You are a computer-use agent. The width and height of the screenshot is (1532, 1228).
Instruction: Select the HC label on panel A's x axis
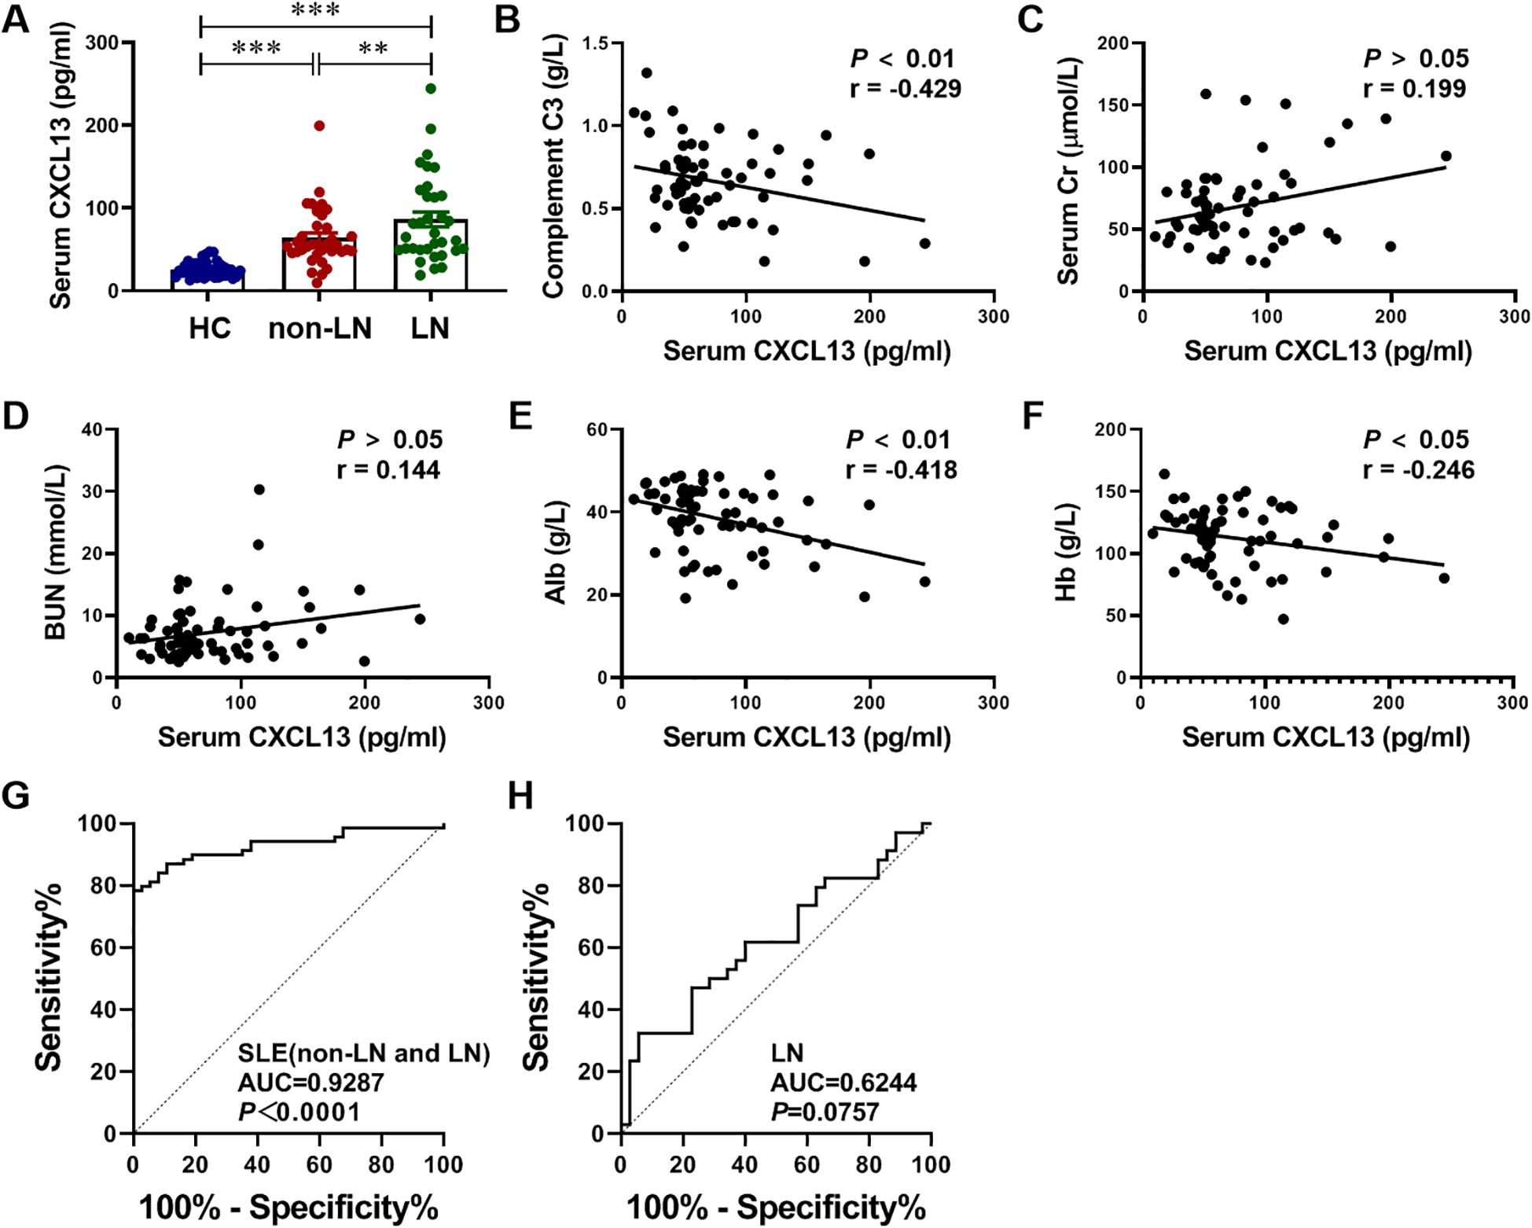pos(209,328)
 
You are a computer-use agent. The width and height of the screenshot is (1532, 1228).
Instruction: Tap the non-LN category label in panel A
pos(320,328)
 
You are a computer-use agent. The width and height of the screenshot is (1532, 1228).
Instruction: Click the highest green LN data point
pos(431,89)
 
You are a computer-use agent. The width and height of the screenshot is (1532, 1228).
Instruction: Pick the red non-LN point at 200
pos(319,126)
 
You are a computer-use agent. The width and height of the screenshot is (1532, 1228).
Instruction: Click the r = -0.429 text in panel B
pos(905,89)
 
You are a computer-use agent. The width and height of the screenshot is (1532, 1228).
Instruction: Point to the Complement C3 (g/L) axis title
pos(554,166)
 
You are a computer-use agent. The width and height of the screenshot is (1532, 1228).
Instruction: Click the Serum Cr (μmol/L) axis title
pos(1068,170)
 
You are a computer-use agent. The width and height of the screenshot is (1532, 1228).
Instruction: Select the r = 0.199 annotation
pos(1414,89)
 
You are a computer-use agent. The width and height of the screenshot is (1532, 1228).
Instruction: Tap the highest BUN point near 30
pos(259,490)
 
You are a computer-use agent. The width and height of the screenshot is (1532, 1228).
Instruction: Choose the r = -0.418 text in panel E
pos(901,470)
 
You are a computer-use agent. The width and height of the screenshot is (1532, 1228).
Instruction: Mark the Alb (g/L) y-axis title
pos(556,552)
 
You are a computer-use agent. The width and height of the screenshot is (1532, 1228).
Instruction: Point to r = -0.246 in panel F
pos(1418,470)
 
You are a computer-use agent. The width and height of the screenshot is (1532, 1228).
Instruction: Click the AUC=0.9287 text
pos(310,1083)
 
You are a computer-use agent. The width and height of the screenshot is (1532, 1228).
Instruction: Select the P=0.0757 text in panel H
pos(824,1112)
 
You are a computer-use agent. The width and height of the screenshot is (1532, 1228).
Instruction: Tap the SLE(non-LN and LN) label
pos(364,1053)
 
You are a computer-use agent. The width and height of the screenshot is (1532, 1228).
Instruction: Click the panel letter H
pos(520,796)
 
